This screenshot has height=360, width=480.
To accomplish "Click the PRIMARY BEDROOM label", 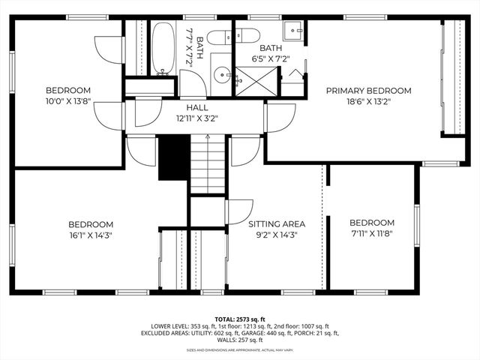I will tap(368, 90).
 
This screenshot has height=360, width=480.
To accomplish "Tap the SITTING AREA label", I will tap(277, 223).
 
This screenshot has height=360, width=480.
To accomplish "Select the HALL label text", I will tap(197, 107).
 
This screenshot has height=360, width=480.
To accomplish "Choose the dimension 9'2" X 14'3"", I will tap(277, 234).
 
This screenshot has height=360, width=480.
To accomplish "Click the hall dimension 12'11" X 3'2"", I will tap(197, 118).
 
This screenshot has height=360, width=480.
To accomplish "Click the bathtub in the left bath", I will tap(163, 48).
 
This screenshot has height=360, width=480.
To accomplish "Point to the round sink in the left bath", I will tap(222, 74).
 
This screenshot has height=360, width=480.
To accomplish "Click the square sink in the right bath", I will tap(294, 31).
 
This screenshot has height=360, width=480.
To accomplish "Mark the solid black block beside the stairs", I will tap(172, 157).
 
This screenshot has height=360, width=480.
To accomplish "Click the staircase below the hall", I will tap(207, 164).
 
